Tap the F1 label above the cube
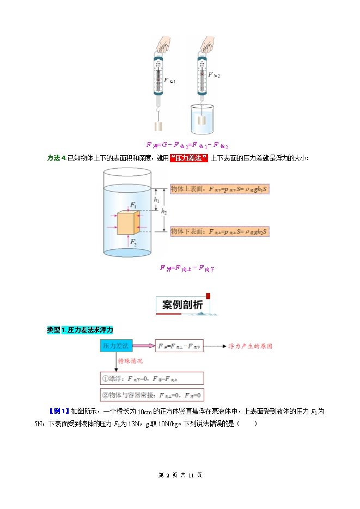(133, 205)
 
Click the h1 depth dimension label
(156, 200)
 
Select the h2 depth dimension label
(164, 211)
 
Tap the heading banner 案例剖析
(183, 305)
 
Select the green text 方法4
(57, 158)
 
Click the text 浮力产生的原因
(250, 346)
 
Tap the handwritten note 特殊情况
(130, 361)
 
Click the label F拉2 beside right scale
(215, 76)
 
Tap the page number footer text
(180, 475)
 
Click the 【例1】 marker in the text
(58, 411)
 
